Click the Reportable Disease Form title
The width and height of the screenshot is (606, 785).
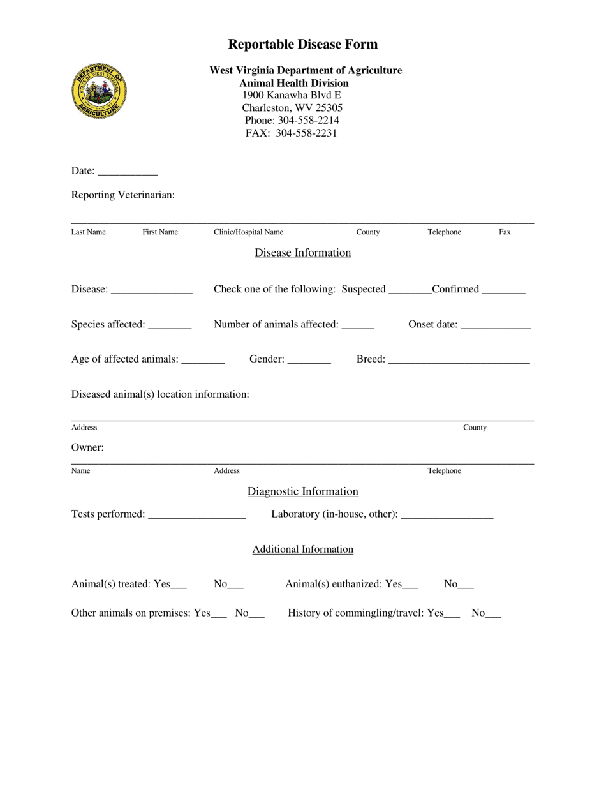point(302,44)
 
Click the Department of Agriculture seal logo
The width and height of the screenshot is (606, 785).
point(99,90)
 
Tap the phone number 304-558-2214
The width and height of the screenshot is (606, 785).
point(308,120)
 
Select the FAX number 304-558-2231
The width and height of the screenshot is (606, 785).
point(306,133)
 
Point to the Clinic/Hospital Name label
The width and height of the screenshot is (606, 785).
point(248,232)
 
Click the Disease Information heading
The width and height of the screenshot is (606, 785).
point(302,253)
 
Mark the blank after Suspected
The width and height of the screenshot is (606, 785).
point(409,290)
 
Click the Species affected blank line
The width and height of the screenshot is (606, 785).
point(169,325)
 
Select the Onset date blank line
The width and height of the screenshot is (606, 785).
point(495,325)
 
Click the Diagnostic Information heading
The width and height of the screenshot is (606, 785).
point(302,491)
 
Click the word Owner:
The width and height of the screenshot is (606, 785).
point(87,447)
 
